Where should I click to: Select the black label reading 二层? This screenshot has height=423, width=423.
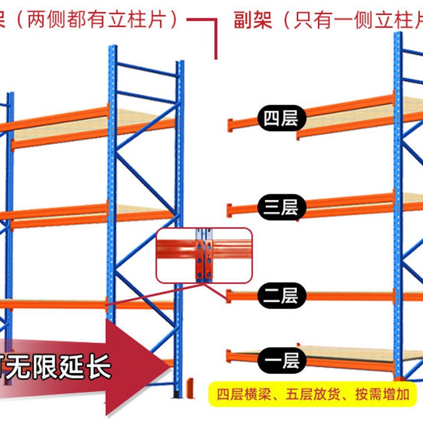[281, 295]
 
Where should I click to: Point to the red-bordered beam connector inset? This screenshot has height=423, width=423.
[204, 255]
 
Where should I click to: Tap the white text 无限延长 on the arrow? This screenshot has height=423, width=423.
[63, 366]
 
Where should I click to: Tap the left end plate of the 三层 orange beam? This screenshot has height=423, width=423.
[231, 210]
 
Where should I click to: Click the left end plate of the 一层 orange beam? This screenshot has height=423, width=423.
[229, 357]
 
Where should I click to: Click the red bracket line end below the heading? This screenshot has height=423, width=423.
[216, 57]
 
